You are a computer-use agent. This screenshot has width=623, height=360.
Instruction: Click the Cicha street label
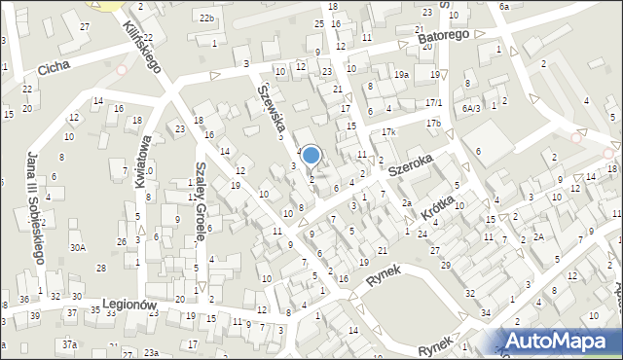(x=55, y=69)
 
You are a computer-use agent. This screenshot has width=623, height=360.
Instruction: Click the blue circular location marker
(x=311, y=155)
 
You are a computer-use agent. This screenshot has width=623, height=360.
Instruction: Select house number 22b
(x=206, y=18)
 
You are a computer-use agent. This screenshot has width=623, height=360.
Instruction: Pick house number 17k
(x=388, y=131)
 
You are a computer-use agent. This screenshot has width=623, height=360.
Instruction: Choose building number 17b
(x=433, y=123)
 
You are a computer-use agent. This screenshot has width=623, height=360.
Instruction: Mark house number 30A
(x=77, y=248)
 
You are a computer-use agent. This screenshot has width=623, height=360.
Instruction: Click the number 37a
(x=69, y=345)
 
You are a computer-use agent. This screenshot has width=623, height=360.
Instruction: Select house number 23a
(x=151, y=352)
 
